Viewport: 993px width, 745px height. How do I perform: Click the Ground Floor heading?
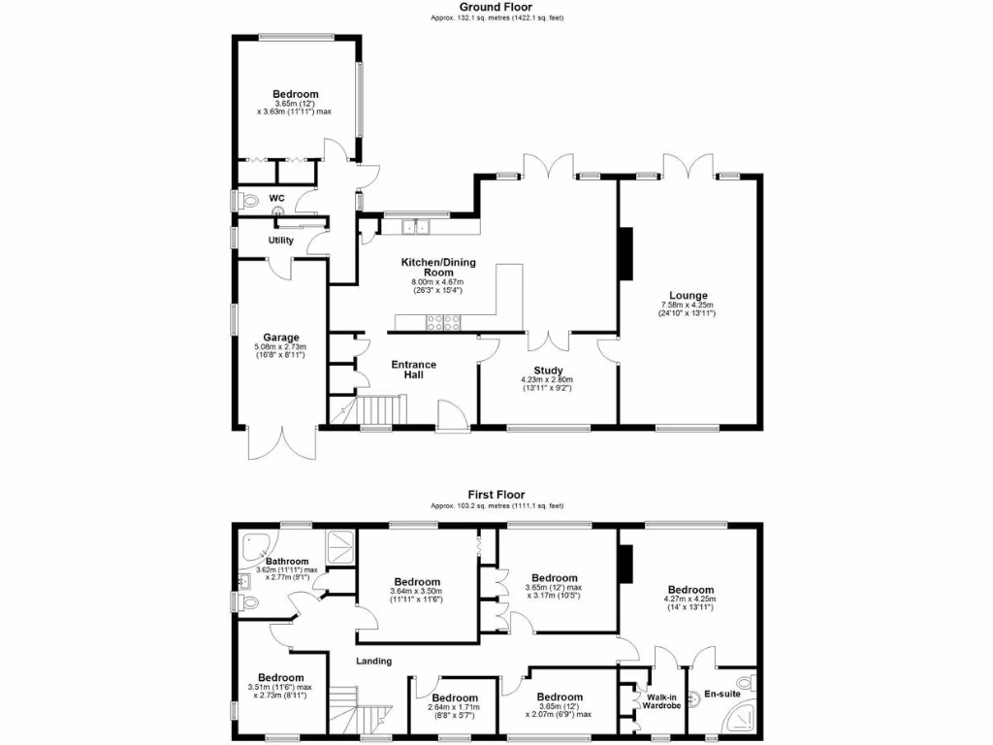point(496,7)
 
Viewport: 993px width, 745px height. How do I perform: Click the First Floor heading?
point(496,495)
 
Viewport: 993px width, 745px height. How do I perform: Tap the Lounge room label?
point(688,296)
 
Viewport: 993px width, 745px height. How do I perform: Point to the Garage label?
point(280,338)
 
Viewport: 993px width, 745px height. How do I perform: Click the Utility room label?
point(280,240)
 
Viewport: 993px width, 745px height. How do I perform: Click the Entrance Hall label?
point(413,370)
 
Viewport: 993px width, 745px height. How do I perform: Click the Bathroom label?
point(288,562)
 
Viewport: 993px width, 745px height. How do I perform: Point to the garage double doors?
point(281,444)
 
